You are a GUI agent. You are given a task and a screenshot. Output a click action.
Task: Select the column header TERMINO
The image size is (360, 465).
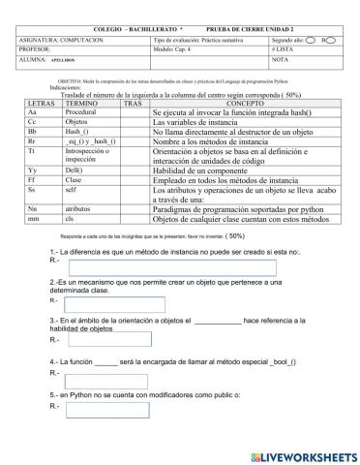coord(82,103)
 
